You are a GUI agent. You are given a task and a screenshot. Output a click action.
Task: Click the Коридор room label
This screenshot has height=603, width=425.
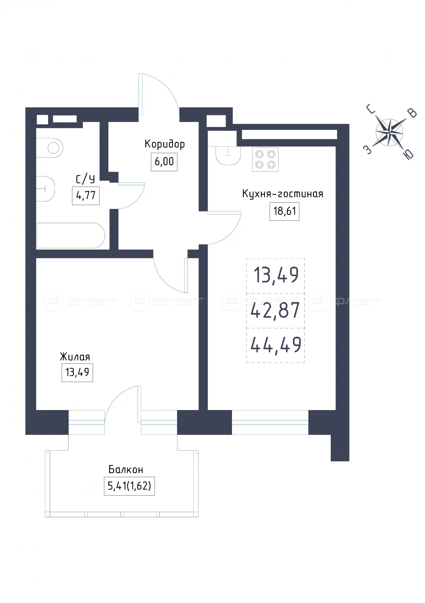point(165,144)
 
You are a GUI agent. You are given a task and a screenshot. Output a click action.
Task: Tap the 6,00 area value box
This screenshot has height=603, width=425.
point(164,162)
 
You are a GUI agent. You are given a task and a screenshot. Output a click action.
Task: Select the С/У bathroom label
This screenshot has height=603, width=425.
point(85,179)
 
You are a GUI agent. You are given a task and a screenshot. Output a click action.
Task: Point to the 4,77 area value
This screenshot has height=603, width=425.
point(85,195)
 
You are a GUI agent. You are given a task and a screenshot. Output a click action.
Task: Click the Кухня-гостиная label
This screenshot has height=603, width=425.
point(283,193)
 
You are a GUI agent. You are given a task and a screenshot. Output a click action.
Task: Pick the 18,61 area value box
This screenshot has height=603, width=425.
point(285,211)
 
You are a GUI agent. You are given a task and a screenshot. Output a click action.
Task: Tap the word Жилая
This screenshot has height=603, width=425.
point(75,357)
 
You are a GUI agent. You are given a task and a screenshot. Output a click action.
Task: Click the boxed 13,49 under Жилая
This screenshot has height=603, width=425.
point(77,373)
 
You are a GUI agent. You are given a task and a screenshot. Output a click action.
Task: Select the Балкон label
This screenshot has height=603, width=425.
point(126,470)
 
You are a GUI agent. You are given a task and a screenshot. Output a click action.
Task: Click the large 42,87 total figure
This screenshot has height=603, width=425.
point(275,310)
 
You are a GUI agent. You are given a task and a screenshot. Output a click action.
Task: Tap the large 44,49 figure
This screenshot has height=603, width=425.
point(276,345)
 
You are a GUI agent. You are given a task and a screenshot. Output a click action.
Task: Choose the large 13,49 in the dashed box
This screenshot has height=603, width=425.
point(276,275)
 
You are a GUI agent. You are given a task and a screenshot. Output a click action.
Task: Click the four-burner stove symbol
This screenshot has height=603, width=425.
point(265,159)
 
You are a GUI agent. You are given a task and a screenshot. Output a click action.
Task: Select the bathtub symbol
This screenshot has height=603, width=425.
point(71,235)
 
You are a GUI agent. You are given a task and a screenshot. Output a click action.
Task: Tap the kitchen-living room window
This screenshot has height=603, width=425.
point(270,422)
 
